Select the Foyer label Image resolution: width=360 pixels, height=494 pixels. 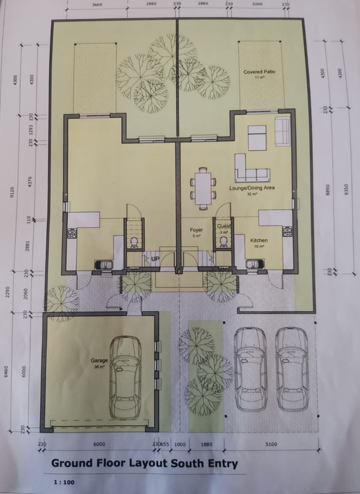point(196,230)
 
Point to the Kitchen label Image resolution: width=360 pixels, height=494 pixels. point(259,241)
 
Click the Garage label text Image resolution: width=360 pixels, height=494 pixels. point(99,361)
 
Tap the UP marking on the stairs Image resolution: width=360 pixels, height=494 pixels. point(155,259)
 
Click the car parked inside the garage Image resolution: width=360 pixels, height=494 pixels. point(125,377)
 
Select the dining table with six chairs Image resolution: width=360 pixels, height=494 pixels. point(203,187)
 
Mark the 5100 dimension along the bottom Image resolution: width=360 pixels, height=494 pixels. point(271,444)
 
